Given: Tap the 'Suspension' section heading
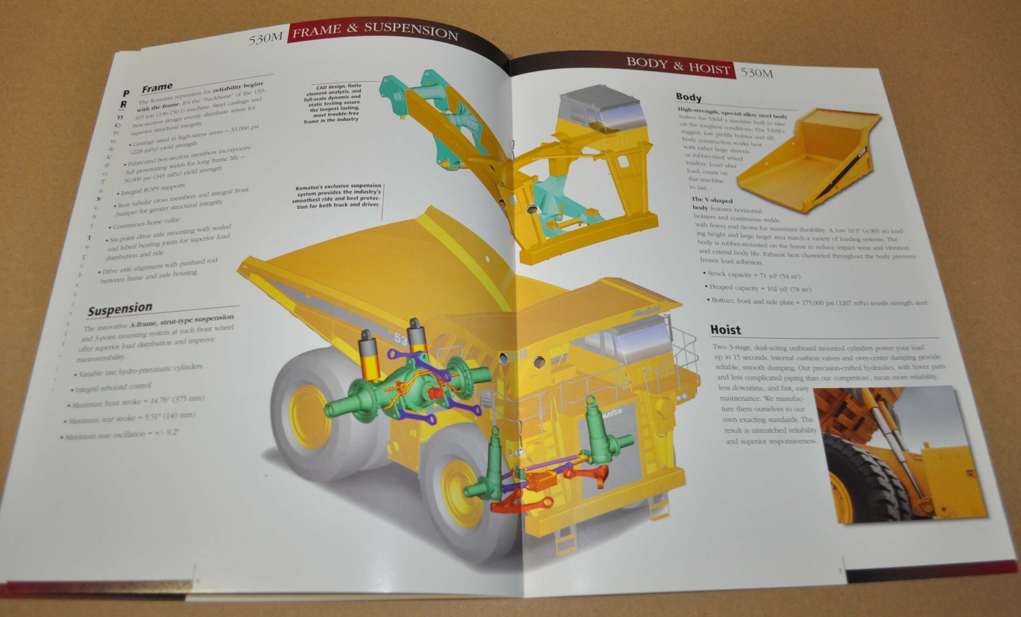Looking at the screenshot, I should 120,309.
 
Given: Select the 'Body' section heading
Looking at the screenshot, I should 688,97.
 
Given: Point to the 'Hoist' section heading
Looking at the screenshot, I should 725,330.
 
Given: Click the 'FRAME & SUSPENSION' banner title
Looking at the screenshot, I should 374,31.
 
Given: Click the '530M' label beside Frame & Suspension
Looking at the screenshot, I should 265,39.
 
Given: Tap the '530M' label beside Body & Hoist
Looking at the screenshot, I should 757,73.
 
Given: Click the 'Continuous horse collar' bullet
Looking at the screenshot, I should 145,223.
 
